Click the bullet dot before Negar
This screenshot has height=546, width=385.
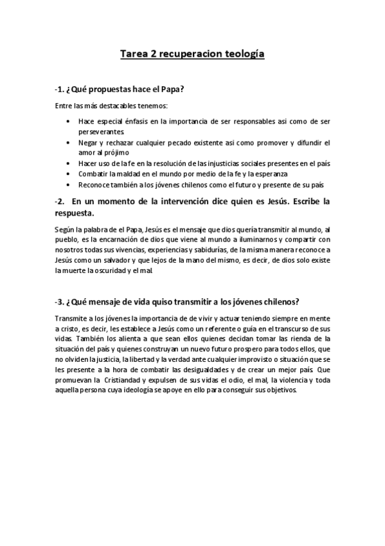coord(69,142)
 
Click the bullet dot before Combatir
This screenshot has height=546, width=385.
coord(69,174)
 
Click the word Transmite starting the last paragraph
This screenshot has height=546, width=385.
coord(69,318)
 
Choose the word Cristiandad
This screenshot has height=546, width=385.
coord(134,380)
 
